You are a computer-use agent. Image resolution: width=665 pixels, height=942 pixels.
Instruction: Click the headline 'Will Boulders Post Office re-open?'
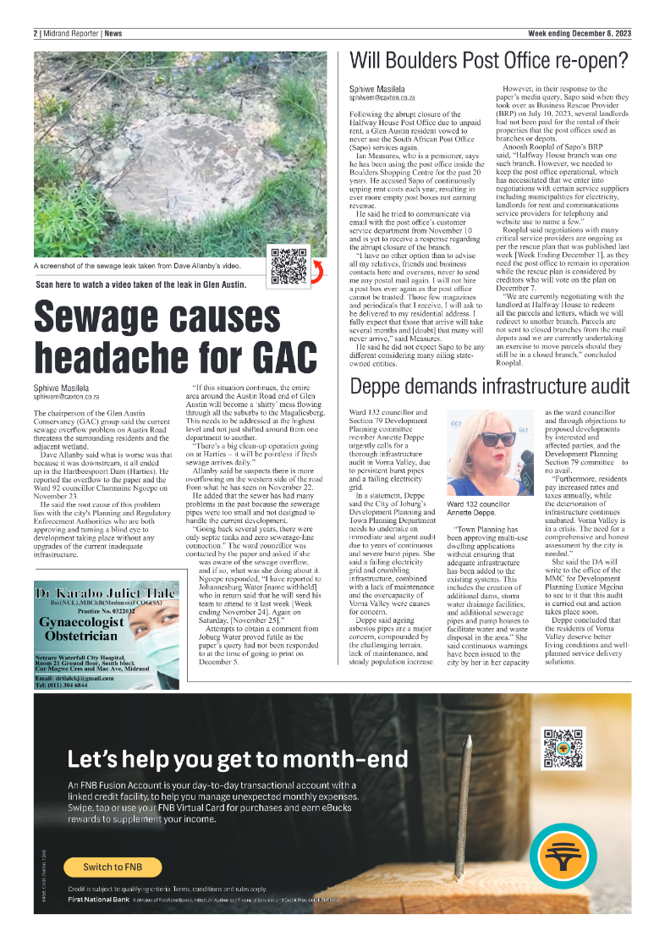coord(489,61)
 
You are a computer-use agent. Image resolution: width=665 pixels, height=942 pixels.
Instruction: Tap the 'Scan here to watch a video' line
coord(141,284)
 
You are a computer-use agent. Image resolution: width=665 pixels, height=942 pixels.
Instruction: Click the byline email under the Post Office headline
coord(382,98)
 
